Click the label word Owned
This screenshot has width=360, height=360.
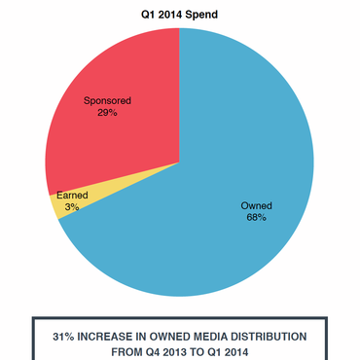[256, 205]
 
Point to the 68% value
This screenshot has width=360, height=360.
[256, 218]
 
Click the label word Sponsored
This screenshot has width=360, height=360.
[107, 100]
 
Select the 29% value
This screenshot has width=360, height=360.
[107, 113]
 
